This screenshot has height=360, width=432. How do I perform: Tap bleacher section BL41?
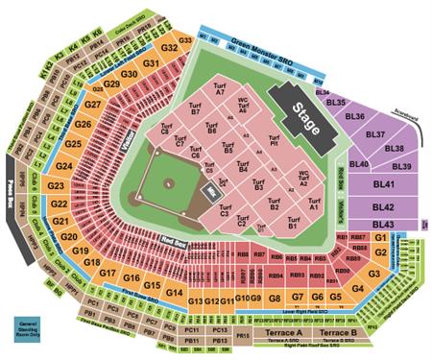(384, 183)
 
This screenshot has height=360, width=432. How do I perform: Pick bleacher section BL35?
(334, 101)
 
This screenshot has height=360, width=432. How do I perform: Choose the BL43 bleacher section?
(385, 222)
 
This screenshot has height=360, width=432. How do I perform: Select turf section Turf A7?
(220, 92)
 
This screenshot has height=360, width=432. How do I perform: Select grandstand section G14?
(174, 292)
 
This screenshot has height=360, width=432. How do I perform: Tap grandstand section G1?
(380, 236)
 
